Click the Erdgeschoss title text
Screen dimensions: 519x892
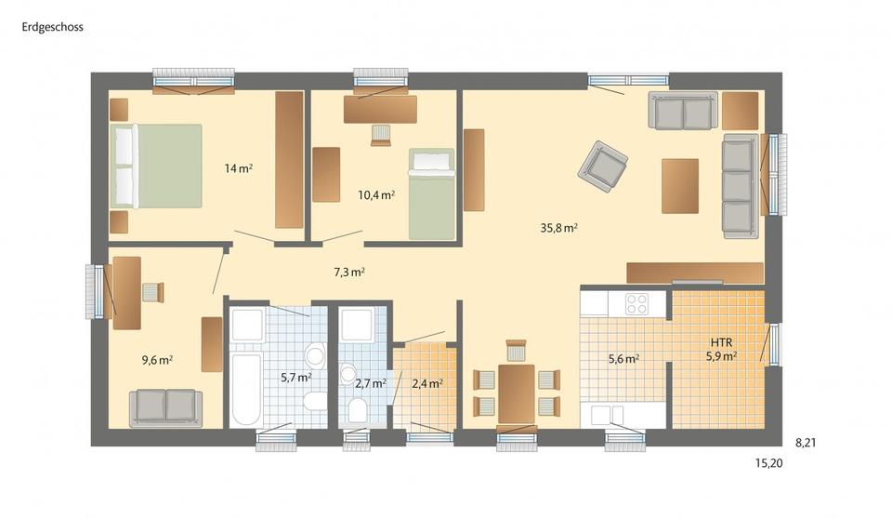click(x=53, y=27)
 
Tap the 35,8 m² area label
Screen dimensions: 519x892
click(x=559, y=227)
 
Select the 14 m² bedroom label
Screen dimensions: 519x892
click(x=239, y=168)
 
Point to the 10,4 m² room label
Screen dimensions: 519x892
click(x=376, y=195)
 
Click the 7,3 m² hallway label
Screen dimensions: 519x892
click(x=349, y=273)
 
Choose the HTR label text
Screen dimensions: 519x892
click(x=721, y=341)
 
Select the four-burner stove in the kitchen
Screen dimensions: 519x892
click(x=636, y=303)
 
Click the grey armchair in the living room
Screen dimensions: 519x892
click(x=602, y=166)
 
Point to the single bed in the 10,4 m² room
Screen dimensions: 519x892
click(x=432, y=193)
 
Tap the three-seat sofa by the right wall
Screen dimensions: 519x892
click(x=738, y=185)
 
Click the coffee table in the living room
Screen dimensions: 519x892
click(x=679, y=185)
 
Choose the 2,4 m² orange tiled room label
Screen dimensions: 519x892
click(x=426, y=382)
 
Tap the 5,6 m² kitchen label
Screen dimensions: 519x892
click(x=623, y=358)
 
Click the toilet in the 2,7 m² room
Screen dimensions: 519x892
click(x=355, y=410)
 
